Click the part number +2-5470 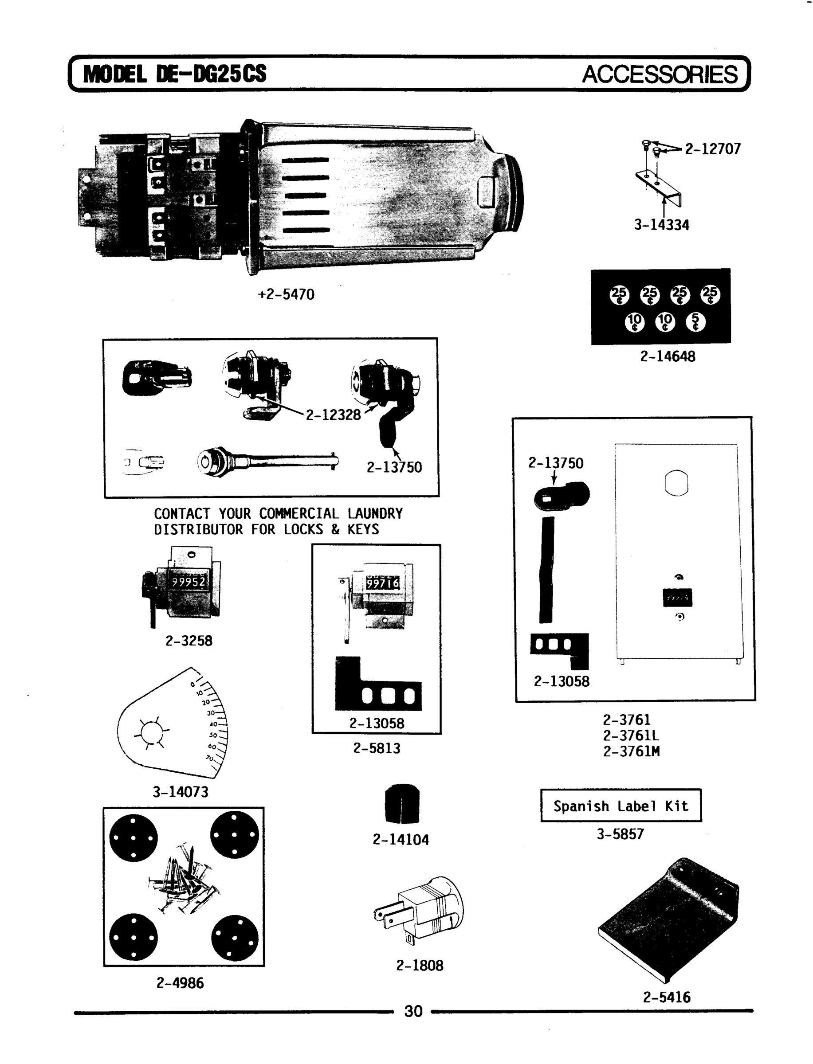[x=286, y=294]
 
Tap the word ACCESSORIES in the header [x=660, y=74]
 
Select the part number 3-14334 [x=661, y=225]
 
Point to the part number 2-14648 [x=668, y=356]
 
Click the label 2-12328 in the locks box [x=333, y=415]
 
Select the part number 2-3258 [x=189, y=641]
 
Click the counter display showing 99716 [x=382, y=583]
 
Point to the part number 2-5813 [x=377, y=748]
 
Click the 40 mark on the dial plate [x=213, y=724]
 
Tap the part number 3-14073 [x=181, y=792]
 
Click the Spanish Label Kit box [x=621, y=806]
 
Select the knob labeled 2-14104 [x=402, y=804]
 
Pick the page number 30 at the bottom [x=413, y=1011]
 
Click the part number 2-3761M [x=631, y=751]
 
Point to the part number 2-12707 [x=712, y=149]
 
